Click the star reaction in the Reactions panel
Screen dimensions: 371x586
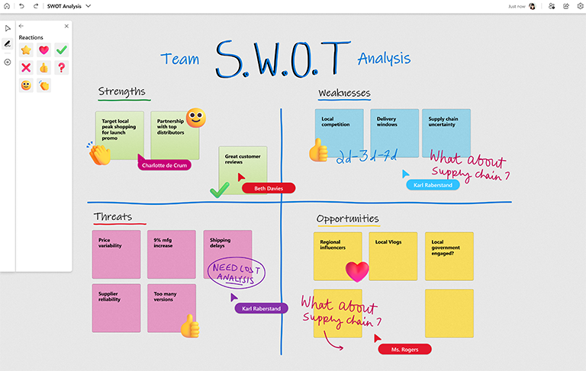point(26,50)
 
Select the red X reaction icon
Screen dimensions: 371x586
point(26,68)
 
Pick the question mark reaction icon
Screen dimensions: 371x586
point(62,68)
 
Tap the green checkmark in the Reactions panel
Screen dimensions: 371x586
point(62,50)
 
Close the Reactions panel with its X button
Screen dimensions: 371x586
point(66,26)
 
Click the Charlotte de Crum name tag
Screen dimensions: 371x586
point(165,165)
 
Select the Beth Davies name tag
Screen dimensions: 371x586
point(268,188)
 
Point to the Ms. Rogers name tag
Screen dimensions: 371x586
point(404,349)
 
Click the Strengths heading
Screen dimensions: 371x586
point(121,92)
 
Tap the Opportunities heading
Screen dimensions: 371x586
point(347,219)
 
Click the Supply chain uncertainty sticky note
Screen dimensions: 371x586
point(446,133)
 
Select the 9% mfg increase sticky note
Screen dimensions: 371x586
point(171,253)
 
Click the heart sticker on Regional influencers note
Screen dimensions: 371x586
point(356,271)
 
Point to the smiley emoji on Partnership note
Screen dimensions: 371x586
point(196,117)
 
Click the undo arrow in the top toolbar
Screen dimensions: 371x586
point(21,5)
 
